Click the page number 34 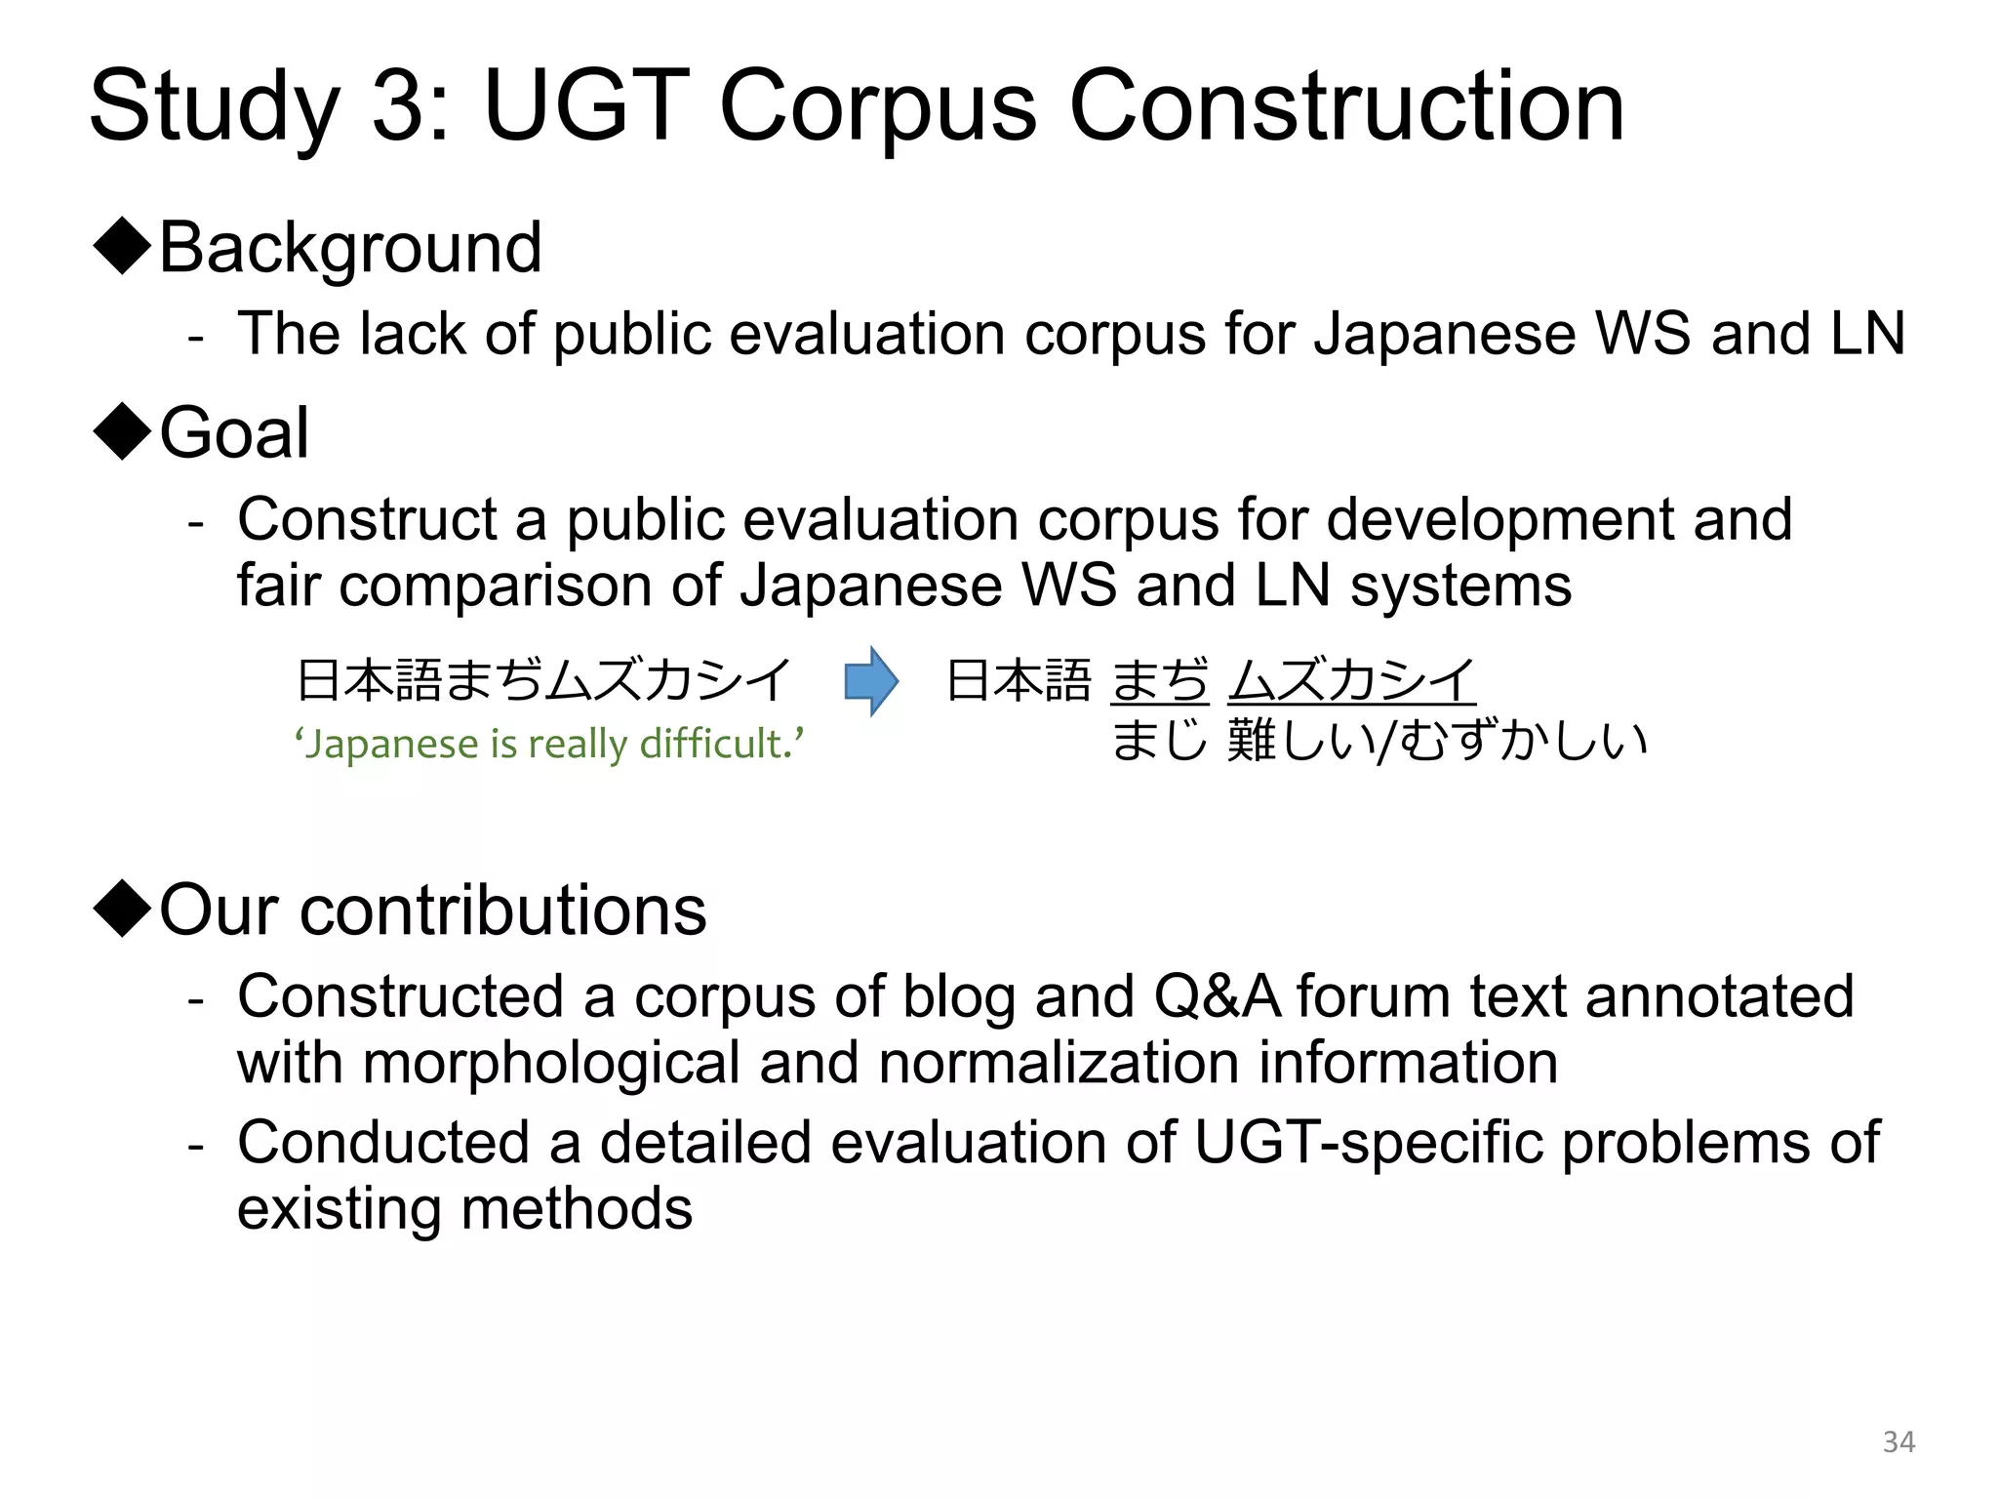(1898, 1441)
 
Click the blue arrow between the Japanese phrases (870, 681)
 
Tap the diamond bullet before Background (122, 247)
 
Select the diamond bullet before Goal (122, 431)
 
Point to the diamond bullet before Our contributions (122, 909)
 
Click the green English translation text (549, 744)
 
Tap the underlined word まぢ (1159, 680)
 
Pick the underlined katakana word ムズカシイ (1351, 680)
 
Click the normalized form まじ (1159, 740)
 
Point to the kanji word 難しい (1299, 740)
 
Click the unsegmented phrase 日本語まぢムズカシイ (543, 680)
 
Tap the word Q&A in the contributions (1217, 996)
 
